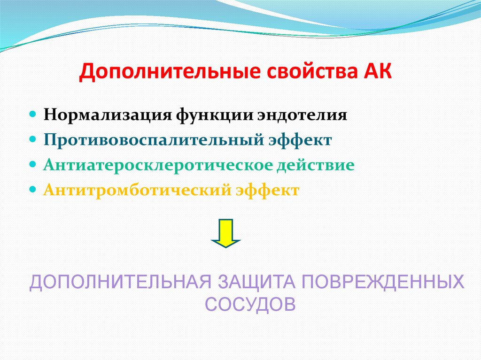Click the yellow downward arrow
pos(226,232)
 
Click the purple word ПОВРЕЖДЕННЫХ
pos(383,283)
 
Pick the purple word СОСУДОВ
pos(251,304)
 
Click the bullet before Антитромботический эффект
pos(33,191)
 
